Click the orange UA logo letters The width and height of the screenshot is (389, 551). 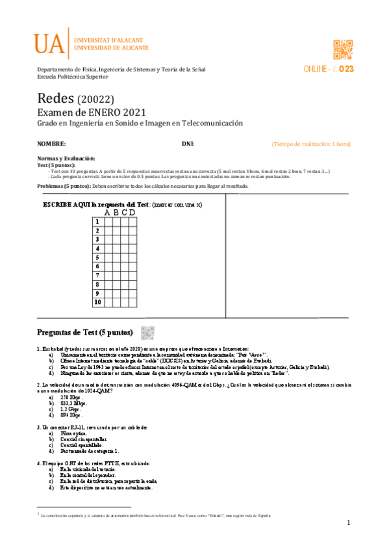[50, 44]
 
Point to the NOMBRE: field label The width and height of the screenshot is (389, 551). [51, 144]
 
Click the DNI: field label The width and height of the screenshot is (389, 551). [188, 144]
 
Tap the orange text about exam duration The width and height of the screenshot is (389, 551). [311, 144]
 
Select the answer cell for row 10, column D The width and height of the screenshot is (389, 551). [132, 302]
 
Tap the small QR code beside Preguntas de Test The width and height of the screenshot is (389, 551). [147, 332]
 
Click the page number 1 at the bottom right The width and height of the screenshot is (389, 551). [348, 524]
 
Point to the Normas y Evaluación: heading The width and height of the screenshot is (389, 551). [66, 159]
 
